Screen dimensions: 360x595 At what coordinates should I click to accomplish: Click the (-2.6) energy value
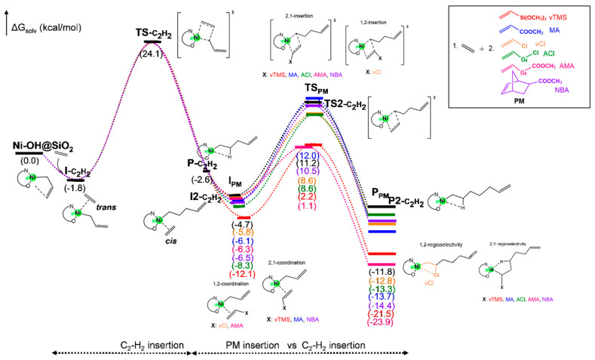tap(204, 179)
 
